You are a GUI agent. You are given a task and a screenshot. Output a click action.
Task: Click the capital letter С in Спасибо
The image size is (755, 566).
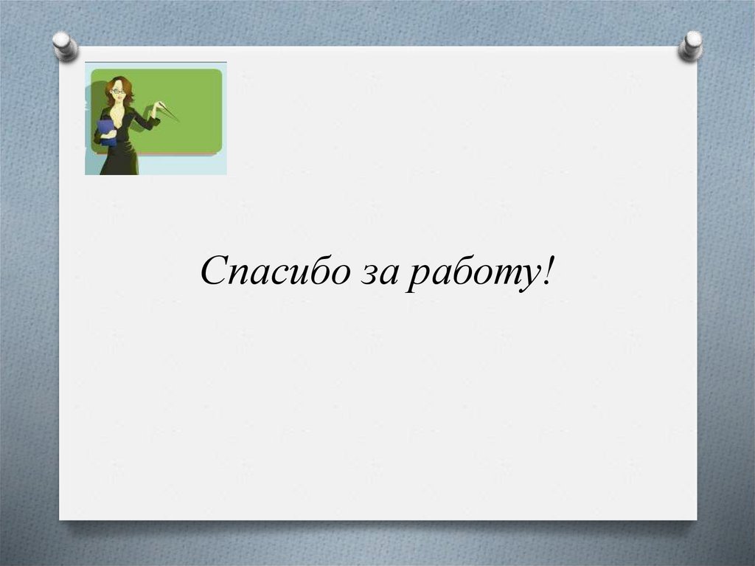point(212,272)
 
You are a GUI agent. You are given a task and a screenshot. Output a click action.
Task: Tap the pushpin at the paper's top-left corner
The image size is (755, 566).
point(65,45)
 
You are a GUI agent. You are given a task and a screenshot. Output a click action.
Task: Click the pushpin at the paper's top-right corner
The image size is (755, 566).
point(691,45)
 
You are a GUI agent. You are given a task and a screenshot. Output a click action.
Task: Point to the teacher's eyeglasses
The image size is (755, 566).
point(117,92)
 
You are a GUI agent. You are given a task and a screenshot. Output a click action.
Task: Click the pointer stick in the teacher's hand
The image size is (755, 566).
point(167,111)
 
